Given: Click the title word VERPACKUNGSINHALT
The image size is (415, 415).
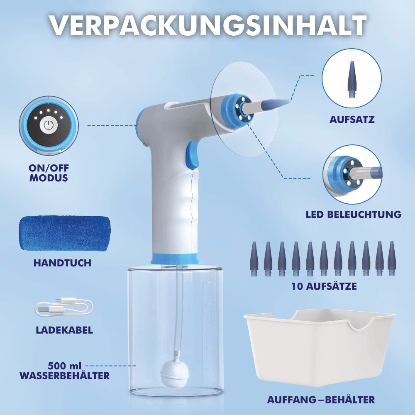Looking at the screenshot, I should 207,26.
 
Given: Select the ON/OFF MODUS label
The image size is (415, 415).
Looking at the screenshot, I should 49,173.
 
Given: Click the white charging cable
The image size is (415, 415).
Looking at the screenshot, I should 63,307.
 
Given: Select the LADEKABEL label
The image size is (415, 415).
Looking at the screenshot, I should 64,330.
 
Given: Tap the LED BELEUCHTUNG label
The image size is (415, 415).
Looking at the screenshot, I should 354,215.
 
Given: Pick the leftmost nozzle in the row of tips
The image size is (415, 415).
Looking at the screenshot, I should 254,259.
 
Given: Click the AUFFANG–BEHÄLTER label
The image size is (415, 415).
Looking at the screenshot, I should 321,400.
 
